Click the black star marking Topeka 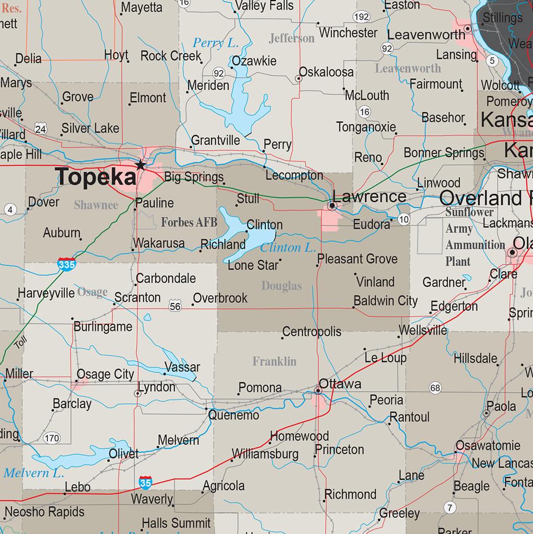pos(140,165)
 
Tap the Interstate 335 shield pos(67,264)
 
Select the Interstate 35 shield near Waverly pos(146,483)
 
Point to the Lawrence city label pos(369,197)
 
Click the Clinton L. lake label pos(288,248)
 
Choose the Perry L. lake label pos(215,43)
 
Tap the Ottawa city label pos(340,384)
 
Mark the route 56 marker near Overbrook pos(175,307)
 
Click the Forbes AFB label pos(189,223)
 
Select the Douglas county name pos(281,286)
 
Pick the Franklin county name pos(274,361)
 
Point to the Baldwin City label pos(386,301)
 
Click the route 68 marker pos(435,387)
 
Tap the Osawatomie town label pos(488,445)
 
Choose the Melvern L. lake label pos(34,474)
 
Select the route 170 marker pos(52,438)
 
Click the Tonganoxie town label pos(366,127)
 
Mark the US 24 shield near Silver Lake pos(41,128)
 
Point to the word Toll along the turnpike pos(20,343)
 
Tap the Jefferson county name pos(292,38)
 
